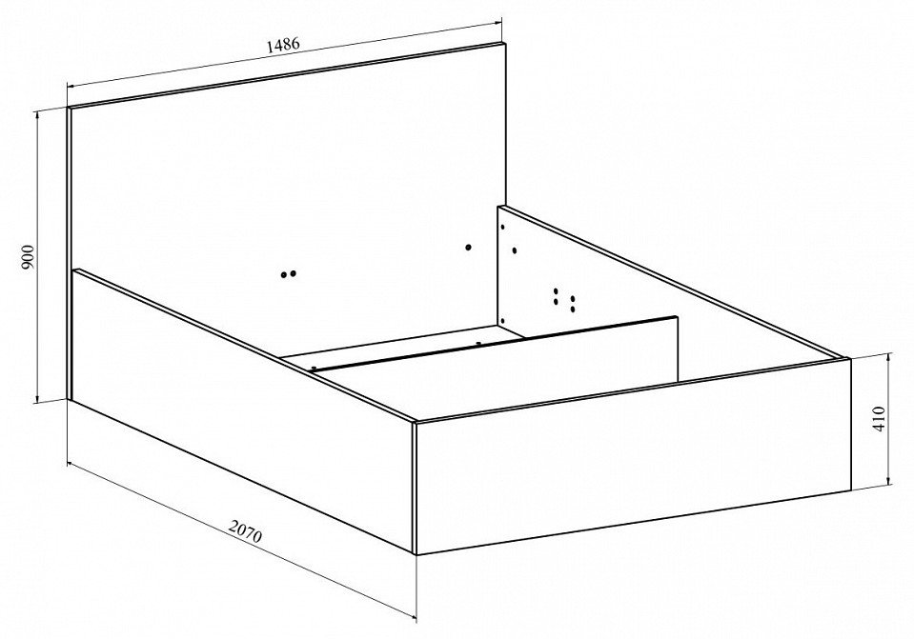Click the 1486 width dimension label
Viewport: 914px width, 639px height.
pos(283,45)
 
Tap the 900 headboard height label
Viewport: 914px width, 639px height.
pos(29,257)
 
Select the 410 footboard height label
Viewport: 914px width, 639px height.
pos(879,418)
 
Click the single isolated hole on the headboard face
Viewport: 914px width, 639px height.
pos(468,248)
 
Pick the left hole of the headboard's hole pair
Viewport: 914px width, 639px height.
pos(284,274)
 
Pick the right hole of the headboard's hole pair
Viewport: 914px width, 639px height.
pos(293,272)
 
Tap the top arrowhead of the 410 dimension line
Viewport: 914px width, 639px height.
pos(888,356)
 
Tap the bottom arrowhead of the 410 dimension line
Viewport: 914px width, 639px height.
pos(888,481)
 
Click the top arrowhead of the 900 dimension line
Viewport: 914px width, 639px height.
pos(38,114)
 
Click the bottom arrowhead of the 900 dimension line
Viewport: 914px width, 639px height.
pos(38,398)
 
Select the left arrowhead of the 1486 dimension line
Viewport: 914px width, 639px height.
pos(72,85)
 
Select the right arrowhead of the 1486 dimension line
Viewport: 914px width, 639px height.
pos(497,23)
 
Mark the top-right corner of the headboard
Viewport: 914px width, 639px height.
pos(506,43)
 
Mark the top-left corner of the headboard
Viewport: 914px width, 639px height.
pos(68,108)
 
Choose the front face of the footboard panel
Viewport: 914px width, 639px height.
pos(634,457)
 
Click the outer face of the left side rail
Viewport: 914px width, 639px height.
pos(242,408)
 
